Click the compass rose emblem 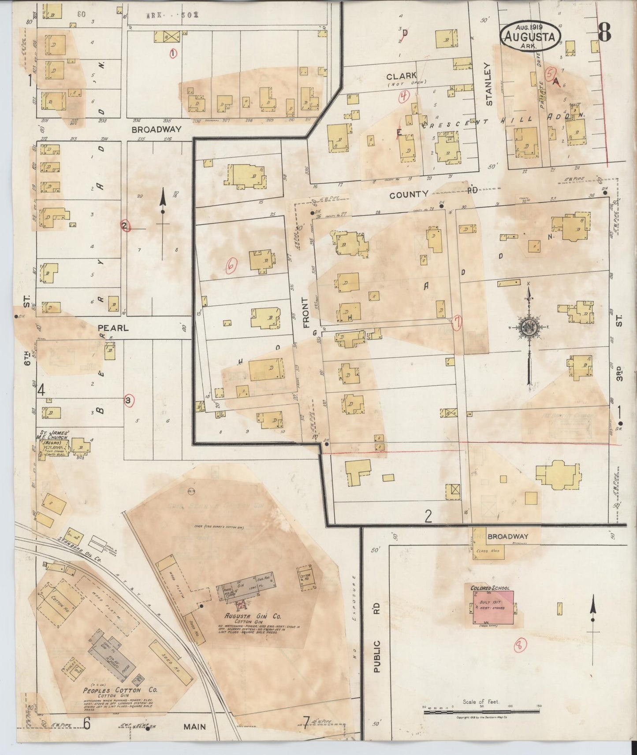529,328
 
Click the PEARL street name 113,328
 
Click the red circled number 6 231,264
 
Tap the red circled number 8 521,646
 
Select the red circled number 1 173,53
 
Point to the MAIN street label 195,726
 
